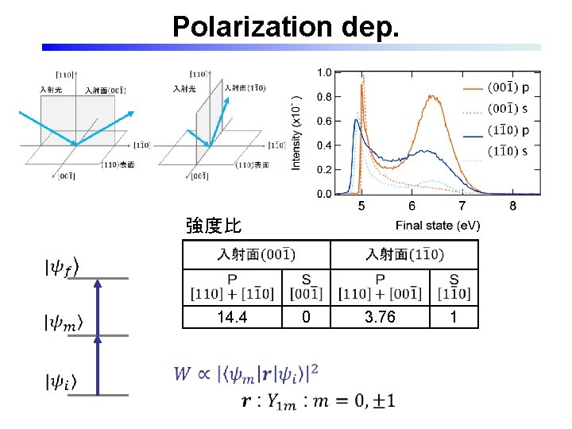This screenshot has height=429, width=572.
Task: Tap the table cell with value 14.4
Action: tap(231, 317)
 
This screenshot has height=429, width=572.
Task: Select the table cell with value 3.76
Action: tap(380, 317)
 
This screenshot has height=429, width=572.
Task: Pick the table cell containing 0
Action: tap(306, 317)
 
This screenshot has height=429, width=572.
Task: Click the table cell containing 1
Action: tap(454, 317)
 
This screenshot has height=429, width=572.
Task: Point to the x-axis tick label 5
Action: tap(361, 207)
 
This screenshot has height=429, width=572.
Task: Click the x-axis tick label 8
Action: tap(512, 207)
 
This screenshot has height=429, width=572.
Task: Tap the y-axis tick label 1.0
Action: tap(324, 72)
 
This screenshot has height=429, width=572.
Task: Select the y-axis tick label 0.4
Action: tap(324, 145)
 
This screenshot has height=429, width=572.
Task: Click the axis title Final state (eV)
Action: tap(438, 226)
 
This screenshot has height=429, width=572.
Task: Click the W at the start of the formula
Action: tap(183, 373)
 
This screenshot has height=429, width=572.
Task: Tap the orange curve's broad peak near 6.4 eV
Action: tap(433, 97)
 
